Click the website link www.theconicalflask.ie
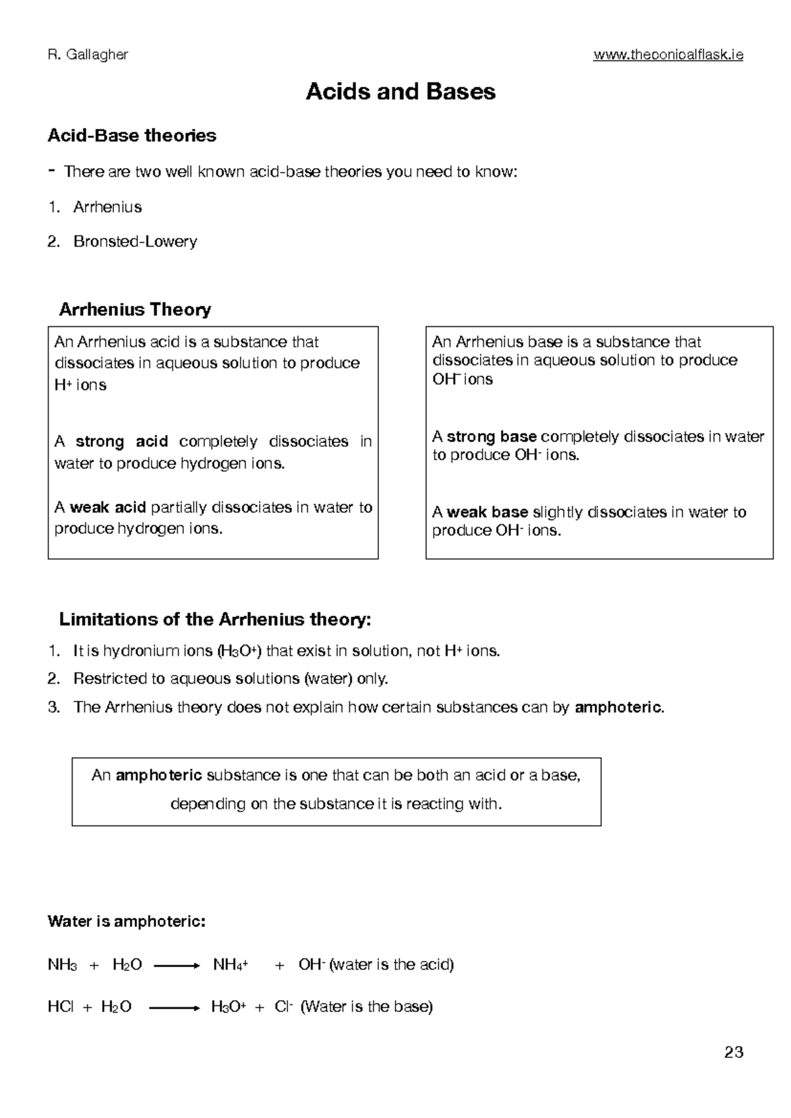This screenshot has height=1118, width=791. pyautogui.click(x=668, y=55)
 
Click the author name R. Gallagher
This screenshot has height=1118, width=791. pyautogui.click(x=88, y=55)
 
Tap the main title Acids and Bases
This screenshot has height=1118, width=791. pyautogui.click(x=400, y=92)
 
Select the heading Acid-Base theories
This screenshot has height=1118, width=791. pyautogui.click(x=132, y=136)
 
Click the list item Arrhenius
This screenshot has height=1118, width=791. pyautogui.click(x=107, y=207)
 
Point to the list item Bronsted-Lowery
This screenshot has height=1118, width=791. pyautogui.click(x=135, y=241)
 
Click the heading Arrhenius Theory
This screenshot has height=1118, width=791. pyautogui.click(x=135, y=309)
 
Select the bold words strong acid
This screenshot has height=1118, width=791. pyautogui.click(x=121, y=441)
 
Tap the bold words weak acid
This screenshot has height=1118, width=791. pyautogui.click(x=107, y=508)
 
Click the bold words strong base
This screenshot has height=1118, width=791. pyautogui.click(x=491, y=436)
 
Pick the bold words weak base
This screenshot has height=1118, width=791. pyautogui.click(x=487, y=512)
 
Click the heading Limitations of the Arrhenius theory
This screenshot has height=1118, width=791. pyautogui.click(x=216, y=620)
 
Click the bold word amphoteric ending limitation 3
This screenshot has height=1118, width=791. pyautogui.click(x=618, y=707)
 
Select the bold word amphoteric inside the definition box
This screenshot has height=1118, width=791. pyautogui.click(x=158, y=775)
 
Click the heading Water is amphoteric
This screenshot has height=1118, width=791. pyautogui.click(x=127, y=921)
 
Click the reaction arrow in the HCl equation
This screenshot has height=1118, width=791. pyautogui.click(x=173, y=1007)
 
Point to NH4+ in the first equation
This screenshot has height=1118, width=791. pyautogui.click(x=230, y=965)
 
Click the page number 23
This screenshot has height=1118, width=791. pyautogui.click(x=734, y=1052)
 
